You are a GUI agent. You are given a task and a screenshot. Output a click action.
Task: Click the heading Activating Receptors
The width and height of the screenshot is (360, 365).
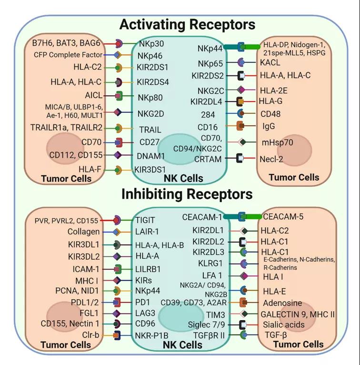[x=188, y=24]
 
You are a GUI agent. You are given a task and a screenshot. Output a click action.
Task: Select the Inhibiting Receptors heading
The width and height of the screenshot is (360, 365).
[x=187, y=194]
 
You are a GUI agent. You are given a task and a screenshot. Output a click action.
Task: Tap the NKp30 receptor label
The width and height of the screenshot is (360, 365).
[x=151, y=43]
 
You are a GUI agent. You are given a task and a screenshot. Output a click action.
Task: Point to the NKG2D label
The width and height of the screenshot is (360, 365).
[x=150, y=114]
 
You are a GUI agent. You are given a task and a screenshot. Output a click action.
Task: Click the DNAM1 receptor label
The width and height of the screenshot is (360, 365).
[x=150, y=156]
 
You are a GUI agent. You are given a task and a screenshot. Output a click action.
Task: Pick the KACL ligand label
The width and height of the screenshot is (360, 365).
[x=270, y=62]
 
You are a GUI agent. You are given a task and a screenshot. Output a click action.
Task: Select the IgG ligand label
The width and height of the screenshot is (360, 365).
[x=269, y=126]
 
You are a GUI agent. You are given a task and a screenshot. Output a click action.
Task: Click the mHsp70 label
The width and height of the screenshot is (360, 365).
[x=277, y=142]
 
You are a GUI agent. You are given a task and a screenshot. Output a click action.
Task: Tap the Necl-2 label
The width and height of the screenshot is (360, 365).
[x=271, y=159]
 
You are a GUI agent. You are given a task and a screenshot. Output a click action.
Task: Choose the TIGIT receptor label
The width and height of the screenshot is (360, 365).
[x=145, y=220]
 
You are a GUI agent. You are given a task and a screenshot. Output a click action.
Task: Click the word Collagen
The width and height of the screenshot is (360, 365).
[x=83, y=232]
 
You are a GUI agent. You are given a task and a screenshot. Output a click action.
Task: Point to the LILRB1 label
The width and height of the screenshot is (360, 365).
[x=148, y=269]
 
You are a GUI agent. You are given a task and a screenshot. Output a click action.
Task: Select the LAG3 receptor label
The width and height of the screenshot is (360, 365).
[x=145, y=313]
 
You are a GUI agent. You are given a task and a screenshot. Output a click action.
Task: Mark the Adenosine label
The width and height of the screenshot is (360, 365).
[x=282, y=303]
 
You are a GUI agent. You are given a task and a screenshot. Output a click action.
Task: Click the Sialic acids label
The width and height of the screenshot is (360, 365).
[x=283, y=324]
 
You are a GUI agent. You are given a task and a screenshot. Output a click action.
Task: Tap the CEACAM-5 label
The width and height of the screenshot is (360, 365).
[x=283, y=216]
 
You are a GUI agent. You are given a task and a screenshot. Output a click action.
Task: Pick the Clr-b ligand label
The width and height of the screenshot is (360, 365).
[x=90, y=335]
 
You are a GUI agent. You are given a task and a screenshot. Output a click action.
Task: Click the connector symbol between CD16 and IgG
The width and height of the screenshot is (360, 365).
[x=240, y=126]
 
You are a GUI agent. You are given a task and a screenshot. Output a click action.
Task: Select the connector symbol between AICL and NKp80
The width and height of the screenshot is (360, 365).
[x=119, y=96]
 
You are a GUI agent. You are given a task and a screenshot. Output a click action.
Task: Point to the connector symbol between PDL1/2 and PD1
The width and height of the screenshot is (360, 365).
[x=117, y=303]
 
